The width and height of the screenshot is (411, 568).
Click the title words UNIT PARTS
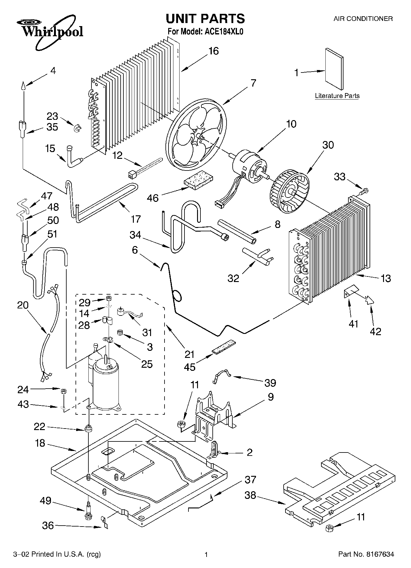[205, 19]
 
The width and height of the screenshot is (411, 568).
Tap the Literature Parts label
[337, 96]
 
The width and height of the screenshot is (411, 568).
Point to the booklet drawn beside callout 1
[334, 69]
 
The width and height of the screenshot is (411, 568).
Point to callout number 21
[189, 354]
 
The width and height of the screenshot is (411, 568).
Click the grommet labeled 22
[88, 428]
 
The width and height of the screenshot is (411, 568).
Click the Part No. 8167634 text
[366, 554]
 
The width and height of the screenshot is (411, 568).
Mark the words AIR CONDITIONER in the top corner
[363, 19]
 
